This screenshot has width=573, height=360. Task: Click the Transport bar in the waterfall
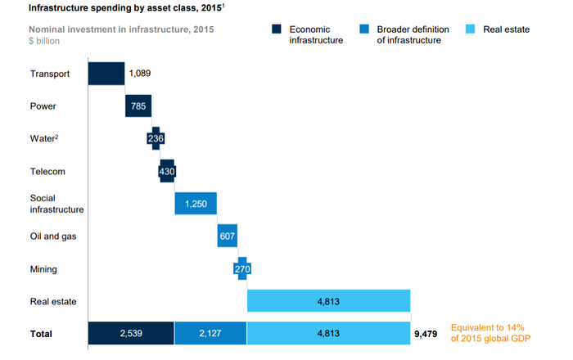tap(106, 74)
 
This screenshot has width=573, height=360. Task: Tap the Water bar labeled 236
tap(156, 138)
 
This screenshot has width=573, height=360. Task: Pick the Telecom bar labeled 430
tap(167, 171)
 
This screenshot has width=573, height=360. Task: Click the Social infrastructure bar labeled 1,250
tap(196, 203)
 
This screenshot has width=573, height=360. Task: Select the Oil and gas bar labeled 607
tap(228, 236)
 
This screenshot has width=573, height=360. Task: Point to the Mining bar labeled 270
tap(242, 268)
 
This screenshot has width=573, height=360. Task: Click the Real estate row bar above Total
tap(328, 300)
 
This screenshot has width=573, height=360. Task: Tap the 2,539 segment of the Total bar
tap(130, 333)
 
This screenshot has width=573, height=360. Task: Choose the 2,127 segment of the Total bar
tap(210, 333)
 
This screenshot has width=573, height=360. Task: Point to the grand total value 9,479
tap(426, 334)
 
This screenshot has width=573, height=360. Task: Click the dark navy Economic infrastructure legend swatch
tap(277, 29)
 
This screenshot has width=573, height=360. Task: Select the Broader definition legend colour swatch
tap(364, 29)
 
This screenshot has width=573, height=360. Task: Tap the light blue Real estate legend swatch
tap(470, 29)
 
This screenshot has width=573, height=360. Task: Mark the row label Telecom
tap(47, 172)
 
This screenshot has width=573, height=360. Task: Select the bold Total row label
tap(41, 334)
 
